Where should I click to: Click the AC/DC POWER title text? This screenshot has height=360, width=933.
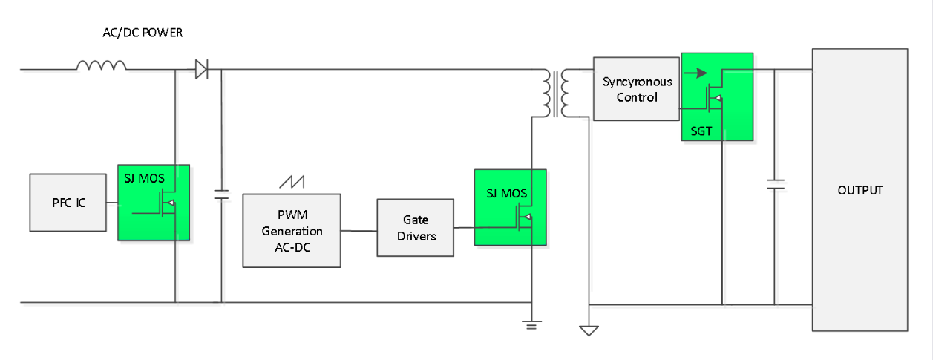[143, 33]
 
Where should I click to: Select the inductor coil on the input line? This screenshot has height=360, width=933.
[102, 66]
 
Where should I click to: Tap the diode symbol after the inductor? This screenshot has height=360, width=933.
[201, 70]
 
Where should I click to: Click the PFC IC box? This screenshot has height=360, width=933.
[69, 202]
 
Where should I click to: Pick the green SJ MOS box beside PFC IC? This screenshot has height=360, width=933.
[153, 203]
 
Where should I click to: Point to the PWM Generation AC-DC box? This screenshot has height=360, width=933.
[292, 230]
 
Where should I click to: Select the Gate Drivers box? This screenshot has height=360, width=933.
[415, 227]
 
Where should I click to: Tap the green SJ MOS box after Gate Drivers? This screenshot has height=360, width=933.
[511, 207]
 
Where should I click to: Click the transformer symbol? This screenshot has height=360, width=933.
[556, 94]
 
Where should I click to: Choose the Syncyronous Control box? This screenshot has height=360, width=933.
[637, 88]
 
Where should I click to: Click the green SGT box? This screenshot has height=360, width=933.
[717, 96]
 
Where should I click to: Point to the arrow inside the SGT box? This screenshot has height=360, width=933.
[695, 73]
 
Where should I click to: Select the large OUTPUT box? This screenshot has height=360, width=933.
[860, 189]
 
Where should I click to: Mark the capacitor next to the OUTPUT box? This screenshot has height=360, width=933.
[774, 184]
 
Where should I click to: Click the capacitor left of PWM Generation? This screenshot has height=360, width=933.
[221, 194]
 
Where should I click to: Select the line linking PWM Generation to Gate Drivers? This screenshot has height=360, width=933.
[359, 230]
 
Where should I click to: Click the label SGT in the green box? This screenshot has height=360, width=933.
[701, 131]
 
